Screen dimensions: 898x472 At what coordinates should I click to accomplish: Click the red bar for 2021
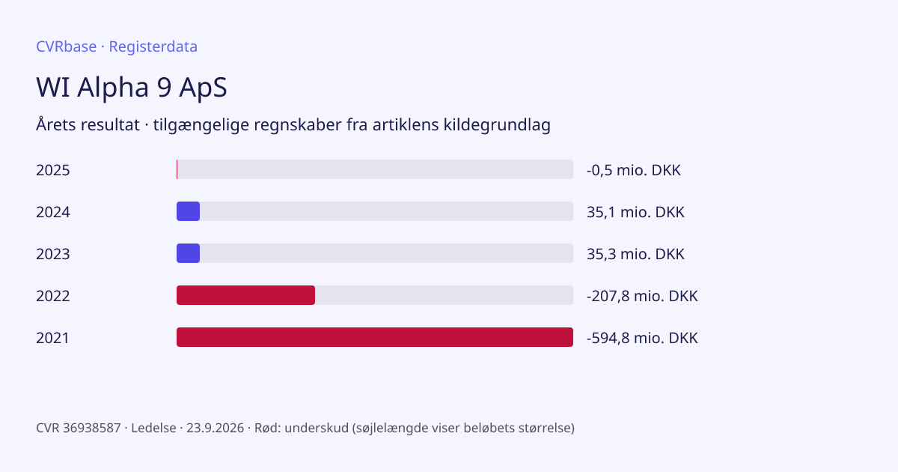pyautogui.click(x=375, y=337)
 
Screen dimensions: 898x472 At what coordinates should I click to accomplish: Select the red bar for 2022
pyautogui.click(x=245, y=295)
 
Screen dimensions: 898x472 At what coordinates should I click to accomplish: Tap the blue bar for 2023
pyautogui.click(x=188, y=253)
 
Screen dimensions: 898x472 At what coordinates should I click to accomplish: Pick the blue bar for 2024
pyautogui.click(x=188, y=211)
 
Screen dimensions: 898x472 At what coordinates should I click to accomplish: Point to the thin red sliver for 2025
pyautogui.click(x=177, y=169)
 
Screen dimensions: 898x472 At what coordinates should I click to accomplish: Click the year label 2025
pyautogui.click(x=53, y=170)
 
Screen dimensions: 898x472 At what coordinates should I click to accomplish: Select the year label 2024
pyautogui.click(x=53, y=212)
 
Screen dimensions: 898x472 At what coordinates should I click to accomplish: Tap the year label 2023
pyautogui.click(x=53, y=254)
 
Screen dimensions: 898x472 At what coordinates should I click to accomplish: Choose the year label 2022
pyautogui.click(x=53, y=296)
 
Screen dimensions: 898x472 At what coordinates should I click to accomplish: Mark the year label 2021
pyautogui.click(x=52, y=338)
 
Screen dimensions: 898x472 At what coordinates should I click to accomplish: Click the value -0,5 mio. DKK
pyautogui.click(x=634, y=170)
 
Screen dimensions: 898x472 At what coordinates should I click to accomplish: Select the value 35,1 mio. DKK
pyautogui.click(x=635, y=212)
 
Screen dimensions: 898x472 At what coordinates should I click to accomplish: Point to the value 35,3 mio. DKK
pyautogui.click(x=635, y=254)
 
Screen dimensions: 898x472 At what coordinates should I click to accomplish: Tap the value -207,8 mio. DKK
pyautogui.click(x=642, y=296)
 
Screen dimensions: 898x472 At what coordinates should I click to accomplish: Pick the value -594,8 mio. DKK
pyautogui.click(x=642, y=338)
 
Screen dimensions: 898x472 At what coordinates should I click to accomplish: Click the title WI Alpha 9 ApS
pyautogui.click(x=132, y=87)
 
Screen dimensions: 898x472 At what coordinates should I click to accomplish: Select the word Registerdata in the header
pyautogui.click(x=153, y=46)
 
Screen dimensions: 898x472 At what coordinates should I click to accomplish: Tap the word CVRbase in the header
pyautogui.click(x=66, y=46)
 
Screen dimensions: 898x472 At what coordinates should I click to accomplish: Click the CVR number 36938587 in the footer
pyautogui.click(x=92, y=428)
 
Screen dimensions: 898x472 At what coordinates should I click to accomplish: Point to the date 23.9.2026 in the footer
pyautogui.click(x=216, y=428)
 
